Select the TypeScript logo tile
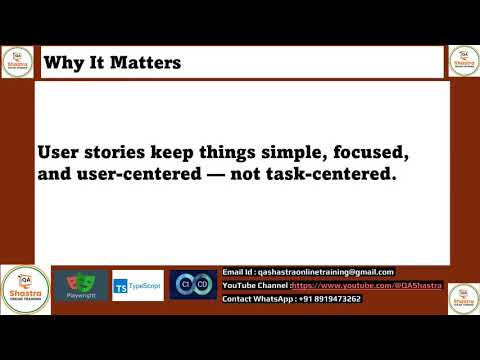point(137,286)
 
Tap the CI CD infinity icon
point(192,285)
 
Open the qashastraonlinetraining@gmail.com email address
point(326,272)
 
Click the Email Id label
point(238,272)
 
